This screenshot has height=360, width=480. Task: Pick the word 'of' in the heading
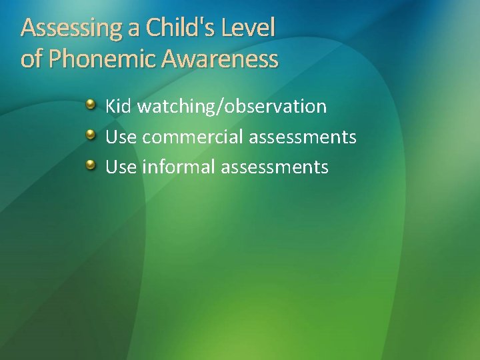(31, 59)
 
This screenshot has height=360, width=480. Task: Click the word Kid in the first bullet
(119, 106)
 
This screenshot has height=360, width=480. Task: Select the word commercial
(193, 137)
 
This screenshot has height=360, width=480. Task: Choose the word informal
(179, 167)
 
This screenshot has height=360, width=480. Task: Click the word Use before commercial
(121, 137)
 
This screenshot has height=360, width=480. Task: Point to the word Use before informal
(121, 167)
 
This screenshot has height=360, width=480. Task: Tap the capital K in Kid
(111, 106)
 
